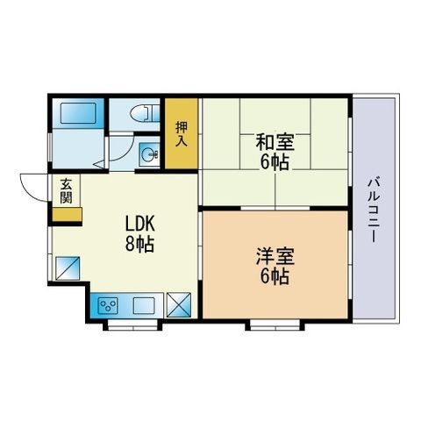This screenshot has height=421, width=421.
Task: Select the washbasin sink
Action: coord(150,156)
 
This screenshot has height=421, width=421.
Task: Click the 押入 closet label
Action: coord(182,132)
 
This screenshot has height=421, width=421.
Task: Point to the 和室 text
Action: coord(273,139)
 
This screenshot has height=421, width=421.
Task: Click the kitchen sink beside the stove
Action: coord(145,306)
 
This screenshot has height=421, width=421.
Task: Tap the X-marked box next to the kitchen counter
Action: coord(178,305)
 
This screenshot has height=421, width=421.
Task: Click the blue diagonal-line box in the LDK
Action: coord(68,268)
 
